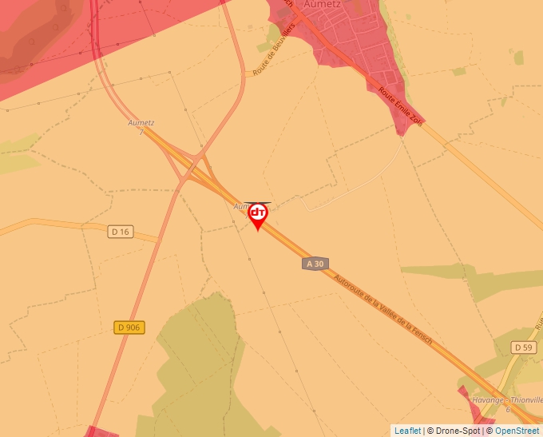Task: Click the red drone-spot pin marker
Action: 258,216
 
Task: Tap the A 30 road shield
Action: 315,264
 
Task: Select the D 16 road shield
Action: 120,232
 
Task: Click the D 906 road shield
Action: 130,328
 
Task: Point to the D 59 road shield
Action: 523,348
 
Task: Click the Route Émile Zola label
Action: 401,105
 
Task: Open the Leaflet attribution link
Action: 407,431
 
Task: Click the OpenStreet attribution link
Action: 518,431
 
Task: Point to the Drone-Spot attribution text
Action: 454,431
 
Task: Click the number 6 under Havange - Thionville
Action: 508,410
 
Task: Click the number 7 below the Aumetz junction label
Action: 141,132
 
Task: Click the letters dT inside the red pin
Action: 258,213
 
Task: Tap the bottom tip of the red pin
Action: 257,231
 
